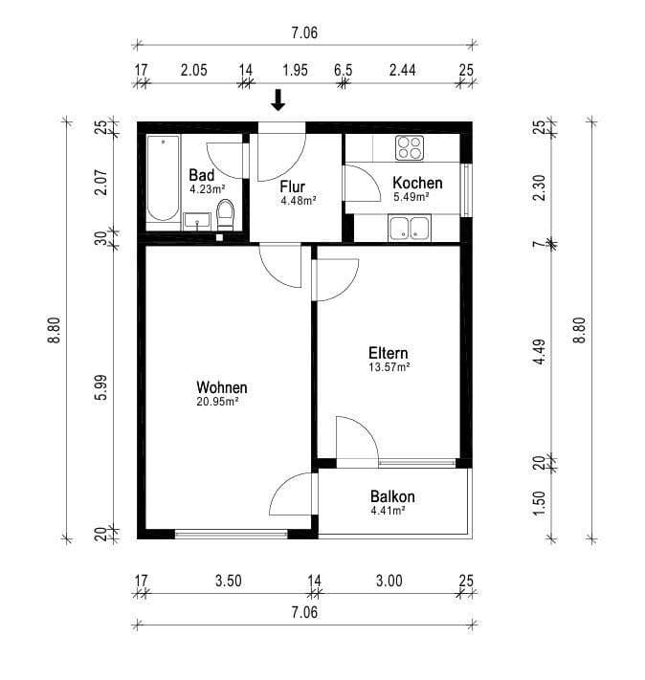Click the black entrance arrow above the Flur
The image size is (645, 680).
point(278,99)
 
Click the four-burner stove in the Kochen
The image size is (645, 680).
point(410,147)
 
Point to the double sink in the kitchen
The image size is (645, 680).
point(410,228)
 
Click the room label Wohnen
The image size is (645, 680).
point(222,387)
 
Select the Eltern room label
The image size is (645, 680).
point(389,352)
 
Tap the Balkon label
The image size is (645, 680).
point(392,497)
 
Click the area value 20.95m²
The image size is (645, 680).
point(217,402)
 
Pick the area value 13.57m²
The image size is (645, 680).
point(389,366)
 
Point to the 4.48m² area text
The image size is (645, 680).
point(298,201)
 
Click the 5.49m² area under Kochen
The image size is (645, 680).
point(411,197)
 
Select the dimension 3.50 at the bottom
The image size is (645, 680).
point(228,580)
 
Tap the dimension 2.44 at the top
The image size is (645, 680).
point(403,70)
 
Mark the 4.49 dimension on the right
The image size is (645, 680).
point(540,352)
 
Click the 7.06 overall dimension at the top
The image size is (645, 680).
point(304,32)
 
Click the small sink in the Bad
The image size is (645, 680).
point(197,223)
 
